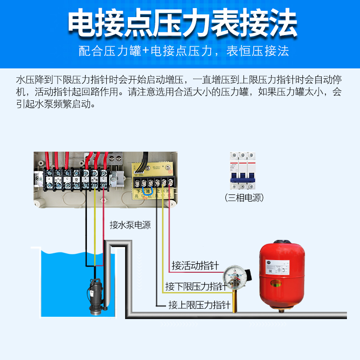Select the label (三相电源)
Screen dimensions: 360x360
point(244,198)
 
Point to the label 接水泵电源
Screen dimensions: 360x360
point(130,225)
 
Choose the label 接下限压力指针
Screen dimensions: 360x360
point(196,286)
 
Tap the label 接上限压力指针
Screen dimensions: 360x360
point(199,305)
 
